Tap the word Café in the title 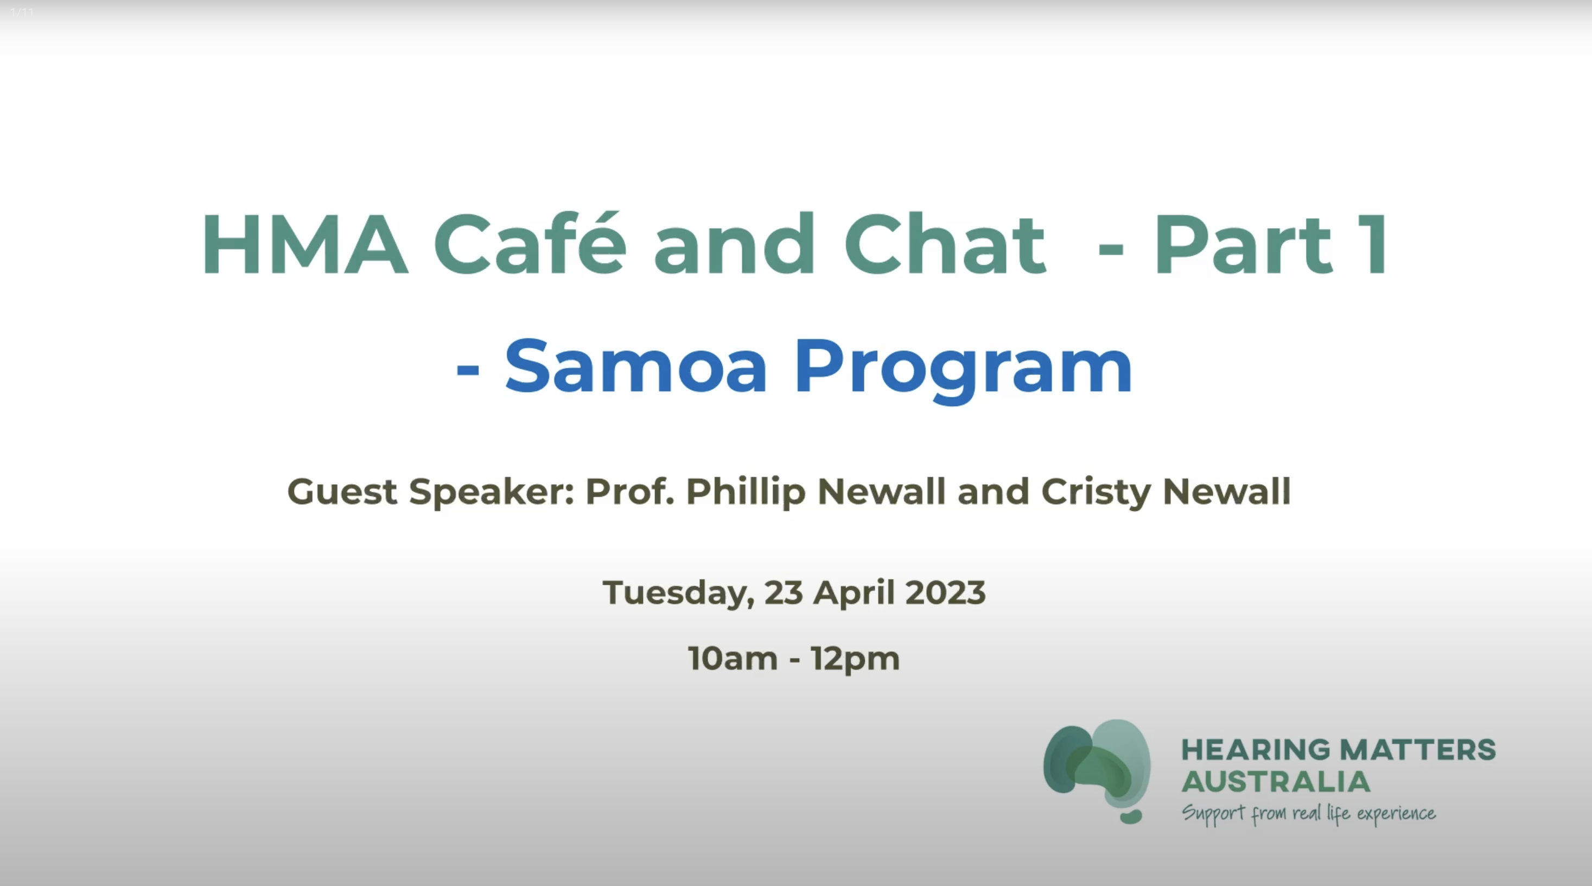[530, 244]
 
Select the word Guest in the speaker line [342, 492]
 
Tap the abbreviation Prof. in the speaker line [629, 492]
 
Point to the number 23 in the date [784, 592]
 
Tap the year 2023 [946, 592]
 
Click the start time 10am [733, 659]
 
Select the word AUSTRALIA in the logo [1276, 782]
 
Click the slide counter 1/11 [22, 12]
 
